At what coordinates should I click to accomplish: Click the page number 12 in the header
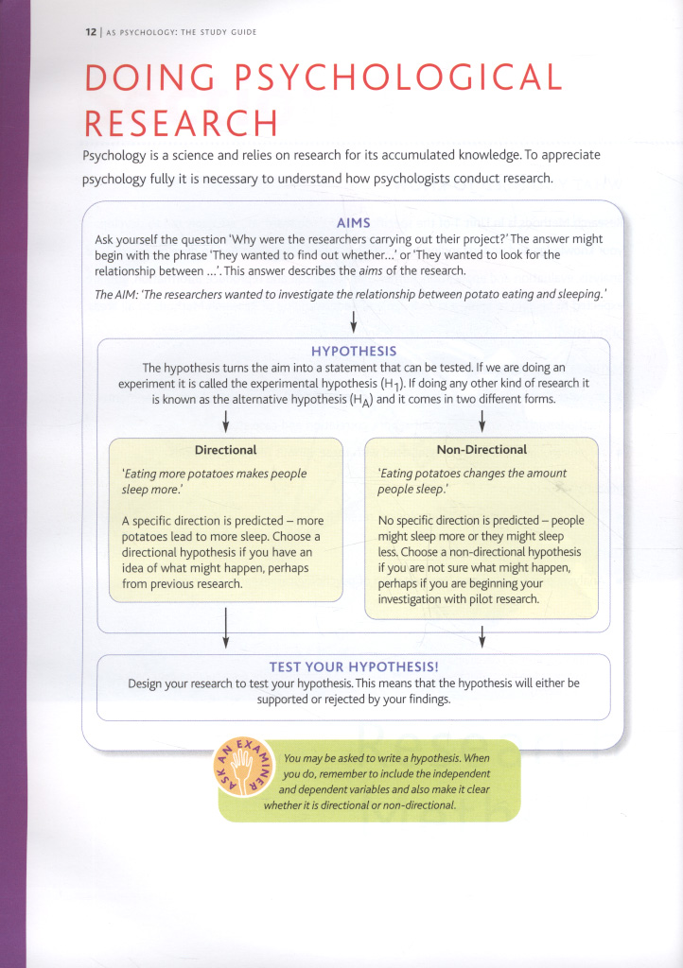coord(90,31)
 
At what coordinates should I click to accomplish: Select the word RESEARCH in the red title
coord(181,123)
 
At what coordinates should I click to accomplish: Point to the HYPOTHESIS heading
coord(354,351)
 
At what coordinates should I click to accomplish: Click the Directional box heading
coord(225,449)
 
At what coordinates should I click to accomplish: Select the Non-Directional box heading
coord(482,449)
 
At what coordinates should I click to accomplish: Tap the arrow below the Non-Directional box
coord(482,635)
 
